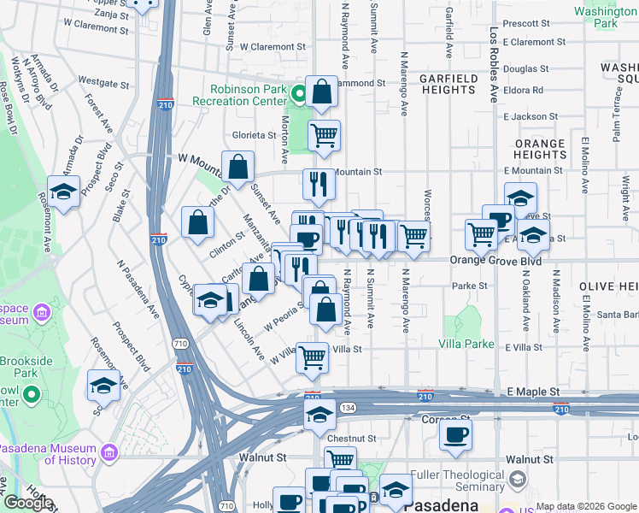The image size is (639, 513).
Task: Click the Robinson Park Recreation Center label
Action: tap(249, 94)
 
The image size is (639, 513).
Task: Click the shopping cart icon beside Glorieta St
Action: tap(324, 135)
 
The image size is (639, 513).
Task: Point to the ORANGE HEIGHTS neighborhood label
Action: tap(539, 150)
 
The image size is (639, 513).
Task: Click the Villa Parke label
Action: tap(466, 344)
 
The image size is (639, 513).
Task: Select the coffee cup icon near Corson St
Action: tap(455, 434)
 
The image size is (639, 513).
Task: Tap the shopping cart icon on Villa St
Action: tap(313, 357)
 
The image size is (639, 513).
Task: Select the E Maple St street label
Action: tap(532, 392)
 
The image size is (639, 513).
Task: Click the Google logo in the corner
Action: tap(27, 503)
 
